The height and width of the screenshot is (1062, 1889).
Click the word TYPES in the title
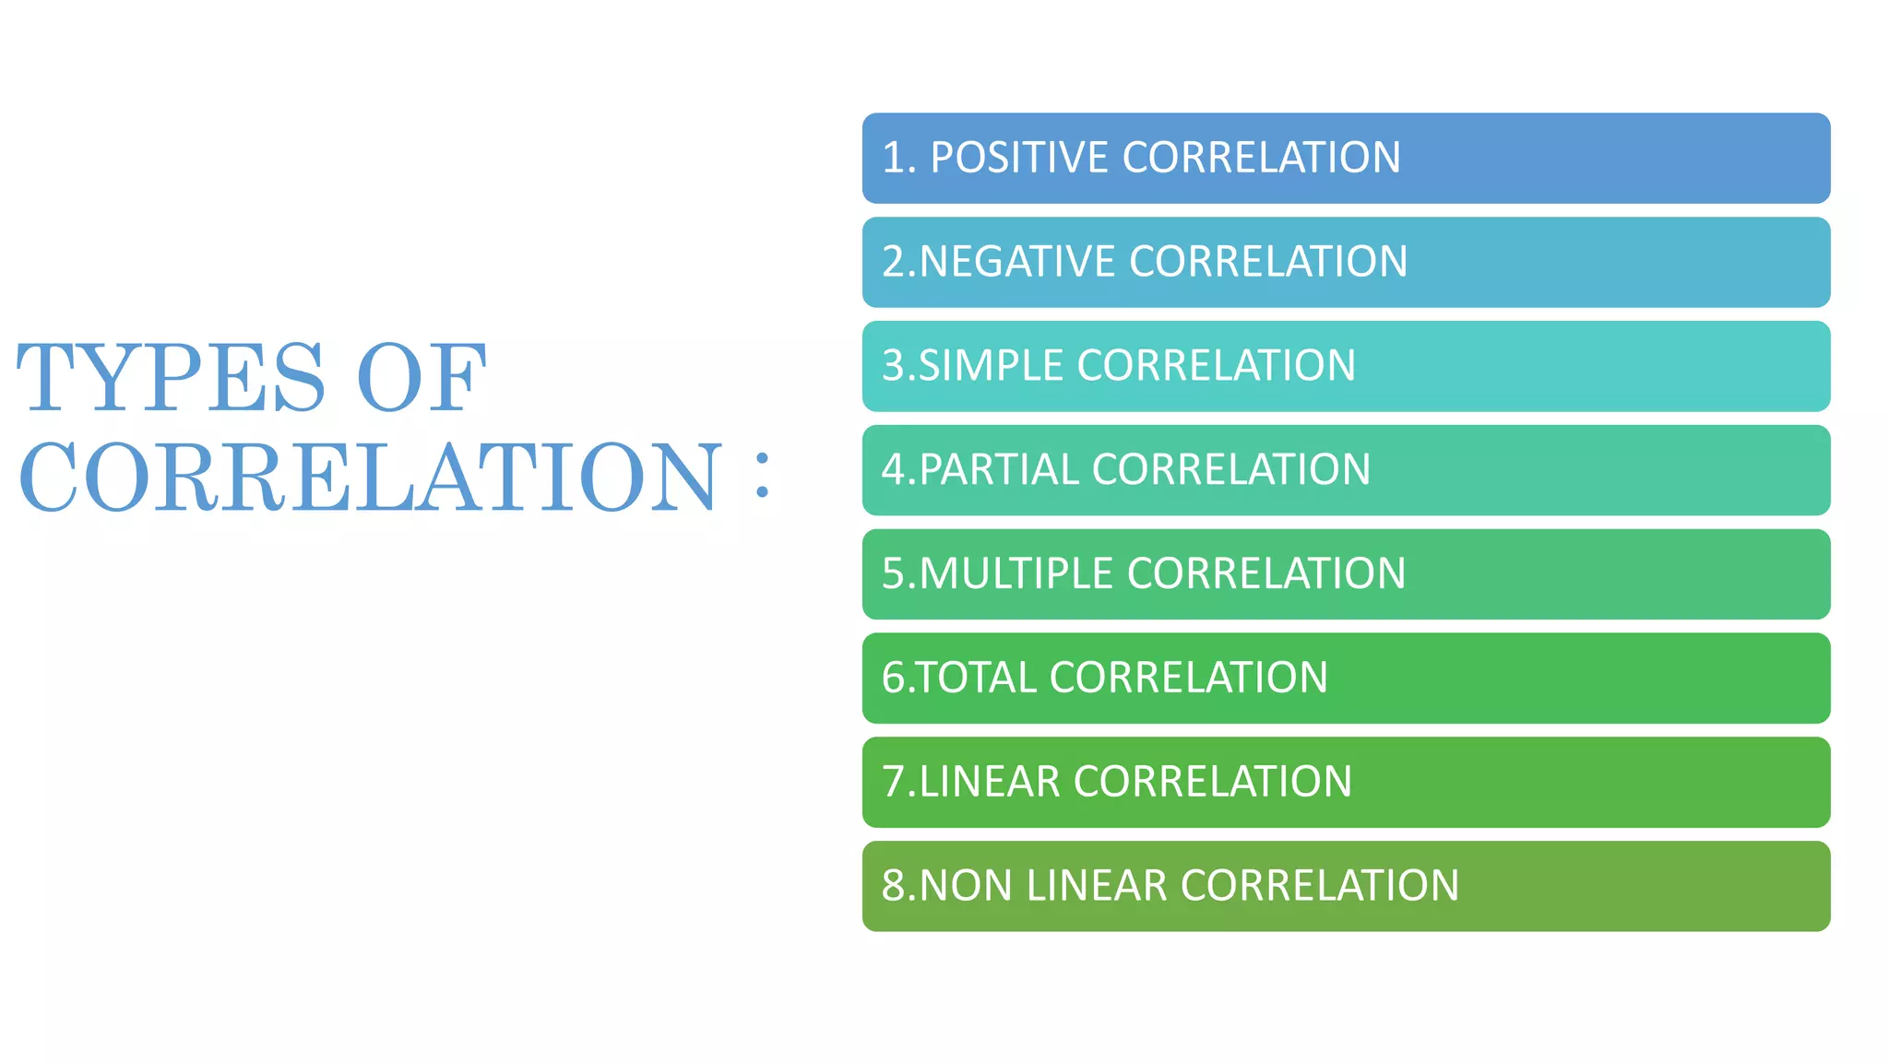point(172,377)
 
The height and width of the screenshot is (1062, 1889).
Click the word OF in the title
point(422,377)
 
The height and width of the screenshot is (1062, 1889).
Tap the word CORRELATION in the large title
point(369,477)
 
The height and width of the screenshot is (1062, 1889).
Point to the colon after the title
point(762,475)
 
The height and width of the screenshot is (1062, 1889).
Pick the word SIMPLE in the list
point(991,366)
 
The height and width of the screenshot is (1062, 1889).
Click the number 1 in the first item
point(893,158)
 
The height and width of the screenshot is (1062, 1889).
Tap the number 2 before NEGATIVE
point(894,262)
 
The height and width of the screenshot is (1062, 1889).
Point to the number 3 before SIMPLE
point(894,366)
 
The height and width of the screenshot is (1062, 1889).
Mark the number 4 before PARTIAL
point(894,470)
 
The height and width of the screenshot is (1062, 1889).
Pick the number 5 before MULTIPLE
point(894,573)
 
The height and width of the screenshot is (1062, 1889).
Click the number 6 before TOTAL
point(894,678)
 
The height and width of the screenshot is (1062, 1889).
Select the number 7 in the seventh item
point(894,782)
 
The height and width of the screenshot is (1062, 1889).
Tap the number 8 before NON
point(894,886)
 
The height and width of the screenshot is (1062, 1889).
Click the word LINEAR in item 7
point(989,782)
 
